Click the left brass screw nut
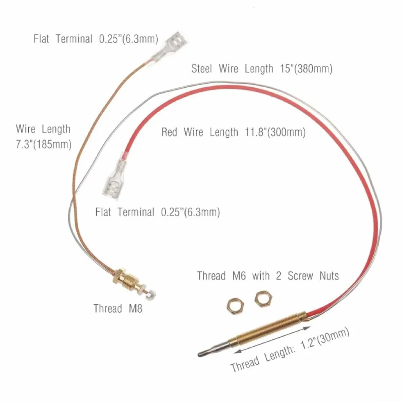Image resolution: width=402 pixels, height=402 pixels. tap(235, 306)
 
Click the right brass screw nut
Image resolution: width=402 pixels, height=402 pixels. tap(263, 299)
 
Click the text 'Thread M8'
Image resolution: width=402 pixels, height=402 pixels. tap(118, 309)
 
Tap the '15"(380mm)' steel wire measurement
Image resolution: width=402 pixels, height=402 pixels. tap(307, 69)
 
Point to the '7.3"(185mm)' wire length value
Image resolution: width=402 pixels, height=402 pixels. tap(43, 145)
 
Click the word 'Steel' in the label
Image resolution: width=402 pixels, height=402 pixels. tap(202, 69)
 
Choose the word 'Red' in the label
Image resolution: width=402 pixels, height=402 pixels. tap(169, 132)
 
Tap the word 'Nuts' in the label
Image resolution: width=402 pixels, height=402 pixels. tap(329, 276)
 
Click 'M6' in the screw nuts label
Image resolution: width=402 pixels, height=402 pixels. tap(239, 276)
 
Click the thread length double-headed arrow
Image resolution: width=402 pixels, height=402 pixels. tap(272, 340)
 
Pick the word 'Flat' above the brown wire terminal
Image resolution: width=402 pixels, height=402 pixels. tap(41, 39)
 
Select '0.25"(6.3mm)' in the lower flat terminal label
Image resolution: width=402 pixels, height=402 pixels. tap(191, 212)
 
